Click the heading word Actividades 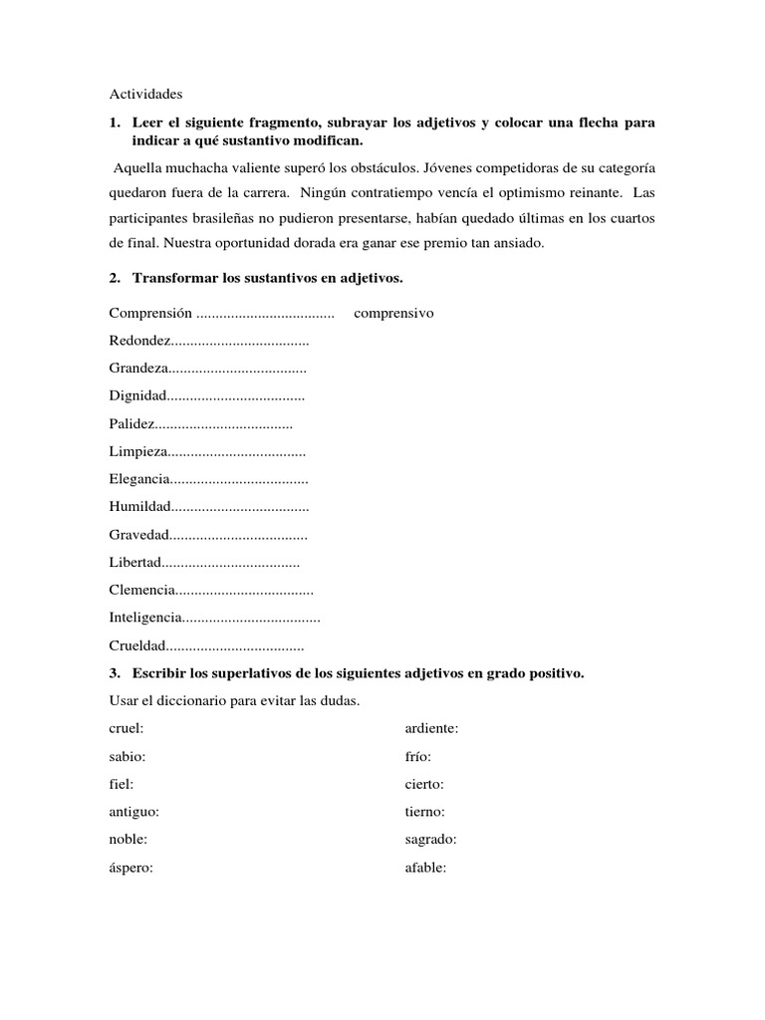point(145,95)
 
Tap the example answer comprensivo point(393,313)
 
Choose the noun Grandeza point(139,369)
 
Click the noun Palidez point(132,424)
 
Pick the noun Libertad point(135,563)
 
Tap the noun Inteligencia point(145,619)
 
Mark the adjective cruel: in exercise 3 point(127,728)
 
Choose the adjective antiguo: point(134,812)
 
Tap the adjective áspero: point(131,867)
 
